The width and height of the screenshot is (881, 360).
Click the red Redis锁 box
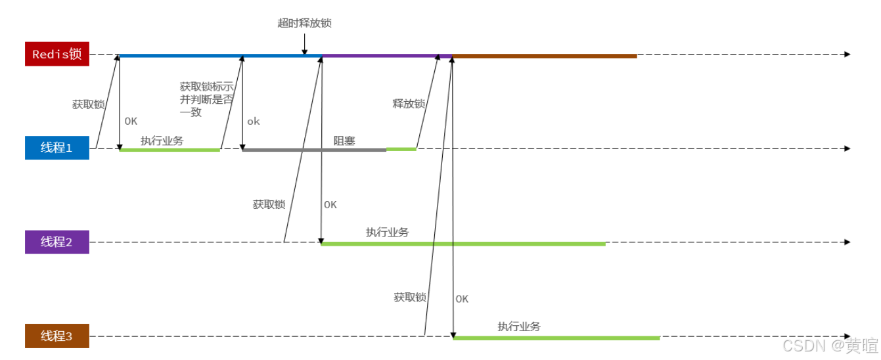coord(56,55)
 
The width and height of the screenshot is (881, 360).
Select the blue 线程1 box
coord(56,148)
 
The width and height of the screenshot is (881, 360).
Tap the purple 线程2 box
coord(56,242)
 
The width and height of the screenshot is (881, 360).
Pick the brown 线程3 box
coord(56,336)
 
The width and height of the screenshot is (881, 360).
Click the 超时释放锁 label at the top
coord(304,23)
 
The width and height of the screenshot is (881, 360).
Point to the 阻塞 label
coord(344,140)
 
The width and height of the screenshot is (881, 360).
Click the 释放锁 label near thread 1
coord(409,104)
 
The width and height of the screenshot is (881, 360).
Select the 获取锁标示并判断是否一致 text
coord(206,99)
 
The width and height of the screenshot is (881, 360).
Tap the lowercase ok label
coord(254,122)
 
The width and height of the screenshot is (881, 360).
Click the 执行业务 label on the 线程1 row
coord(162,140)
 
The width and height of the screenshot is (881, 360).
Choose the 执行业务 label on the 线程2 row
coord(387,232)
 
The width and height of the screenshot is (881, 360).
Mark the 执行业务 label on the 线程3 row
coord(519,326)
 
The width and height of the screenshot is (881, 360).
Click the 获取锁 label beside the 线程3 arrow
coord(410,297)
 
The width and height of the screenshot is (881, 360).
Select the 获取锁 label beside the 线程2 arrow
coord(269,204)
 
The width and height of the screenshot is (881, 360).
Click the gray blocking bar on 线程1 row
coord(314,150)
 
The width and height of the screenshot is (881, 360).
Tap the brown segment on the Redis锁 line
coord(545,56)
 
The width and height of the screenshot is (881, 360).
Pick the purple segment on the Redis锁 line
coord(387,56)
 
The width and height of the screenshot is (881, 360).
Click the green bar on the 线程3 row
coord(556,338)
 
